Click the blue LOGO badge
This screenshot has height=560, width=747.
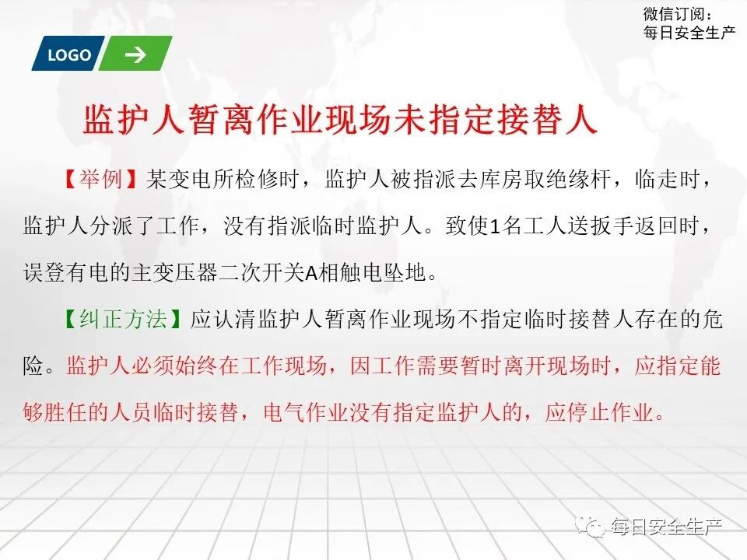click(x=68, y=55)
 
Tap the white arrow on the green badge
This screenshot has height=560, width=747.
click(x=135, y=54)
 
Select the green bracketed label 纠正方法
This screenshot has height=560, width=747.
click(x=124, y=320)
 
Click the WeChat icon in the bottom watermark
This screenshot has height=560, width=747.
click(x=595, y=528)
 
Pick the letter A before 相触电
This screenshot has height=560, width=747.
click(x=309, y=274)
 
